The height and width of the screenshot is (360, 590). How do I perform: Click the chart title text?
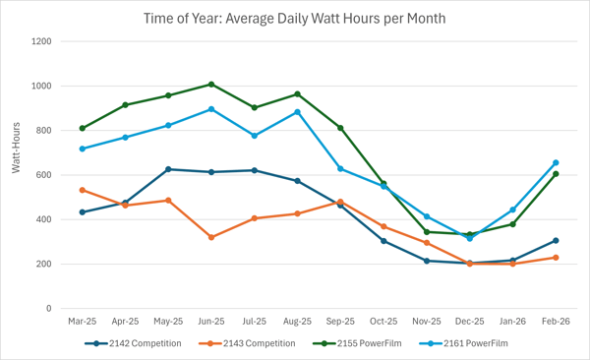click(294, 18)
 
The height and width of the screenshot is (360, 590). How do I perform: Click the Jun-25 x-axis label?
click(211, 322)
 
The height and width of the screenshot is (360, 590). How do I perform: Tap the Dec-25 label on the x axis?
click(469, 322)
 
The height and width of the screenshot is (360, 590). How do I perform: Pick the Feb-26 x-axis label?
click(556, 322)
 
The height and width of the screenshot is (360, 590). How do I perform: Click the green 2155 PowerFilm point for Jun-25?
click(211, 85)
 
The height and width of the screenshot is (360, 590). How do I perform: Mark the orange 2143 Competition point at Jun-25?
click(211, 237)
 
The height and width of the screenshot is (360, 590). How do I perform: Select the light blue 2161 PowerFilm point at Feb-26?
click(556, 163)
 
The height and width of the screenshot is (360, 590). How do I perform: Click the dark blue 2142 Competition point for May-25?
click(168, 169)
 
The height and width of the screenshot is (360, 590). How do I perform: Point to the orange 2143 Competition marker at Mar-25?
click(83, 190)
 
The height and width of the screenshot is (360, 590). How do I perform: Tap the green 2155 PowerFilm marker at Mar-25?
click(83, 128)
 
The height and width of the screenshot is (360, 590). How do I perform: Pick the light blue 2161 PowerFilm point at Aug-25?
click(297, 112)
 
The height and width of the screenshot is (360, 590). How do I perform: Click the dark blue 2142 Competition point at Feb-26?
click(556, 241)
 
